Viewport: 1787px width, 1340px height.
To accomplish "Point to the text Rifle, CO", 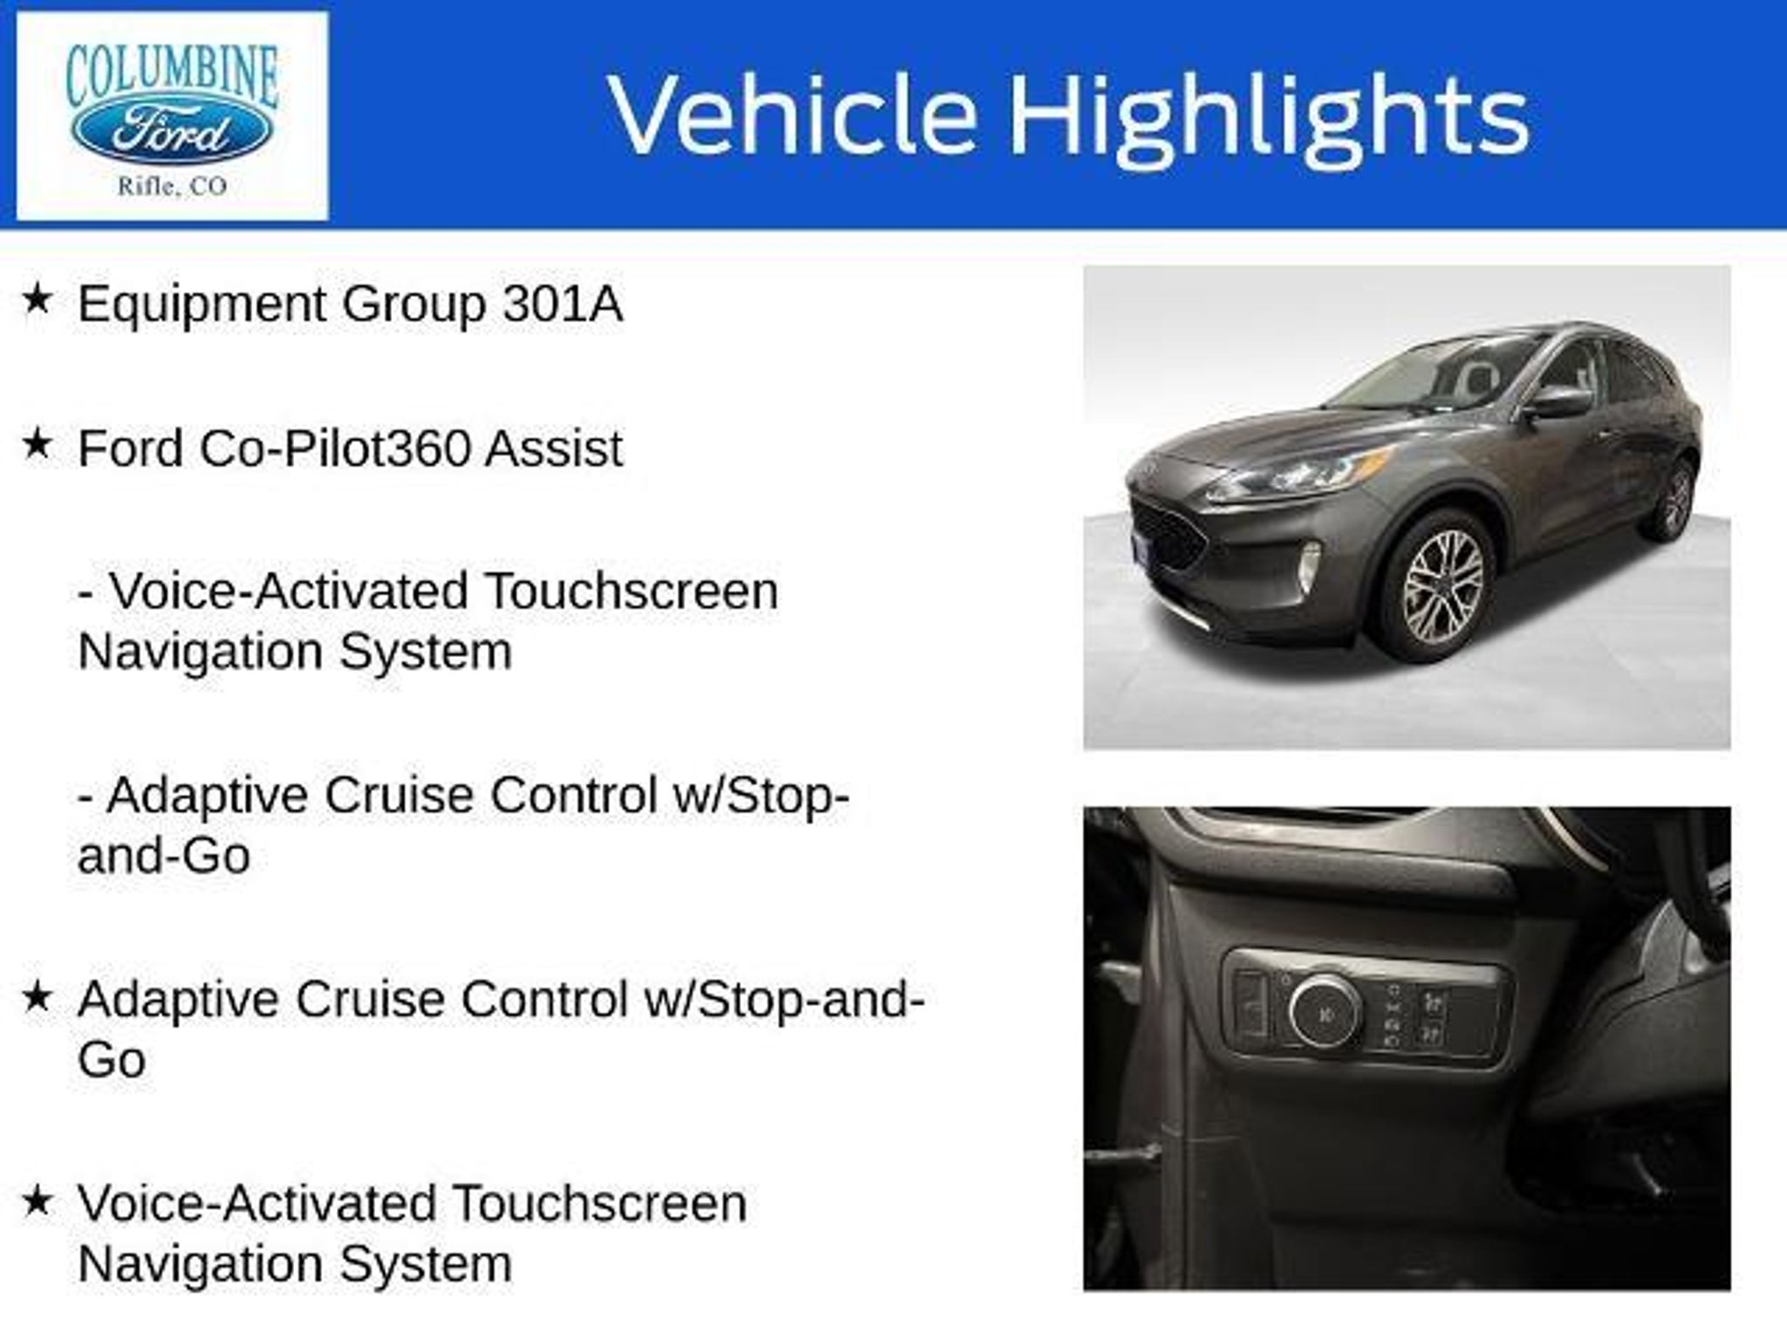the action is pos(172,187).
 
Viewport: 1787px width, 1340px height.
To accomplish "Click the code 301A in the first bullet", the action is pos(563,304).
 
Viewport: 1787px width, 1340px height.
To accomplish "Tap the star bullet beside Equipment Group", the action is pos(38,299).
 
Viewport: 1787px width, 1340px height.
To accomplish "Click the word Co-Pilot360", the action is pos(334,448).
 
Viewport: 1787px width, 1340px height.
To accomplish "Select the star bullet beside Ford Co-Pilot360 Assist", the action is pos(38,444).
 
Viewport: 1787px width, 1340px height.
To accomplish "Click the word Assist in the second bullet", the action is pos(554,448).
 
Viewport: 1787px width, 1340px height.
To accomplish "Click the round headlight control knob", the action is pos(1325,1013).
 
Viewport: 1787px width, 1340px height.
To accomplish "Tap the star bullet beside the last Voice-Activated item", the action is pos(38,1200).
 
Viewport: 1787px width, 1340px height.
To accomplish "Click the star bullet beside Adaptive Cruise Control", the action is pos(38,996).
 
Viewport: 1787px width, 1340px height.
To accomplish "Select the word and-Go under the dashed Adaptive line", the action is pos(164,855).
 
